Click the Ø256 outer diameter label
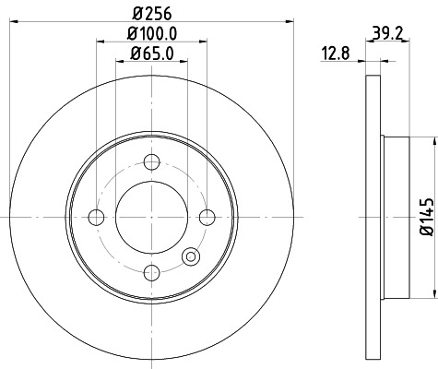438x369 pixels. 150,14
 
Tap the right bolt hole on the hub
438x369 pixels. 206,218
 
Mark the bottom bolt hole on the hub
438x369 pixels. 150,272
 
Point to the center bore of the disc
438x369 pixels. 150,218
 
